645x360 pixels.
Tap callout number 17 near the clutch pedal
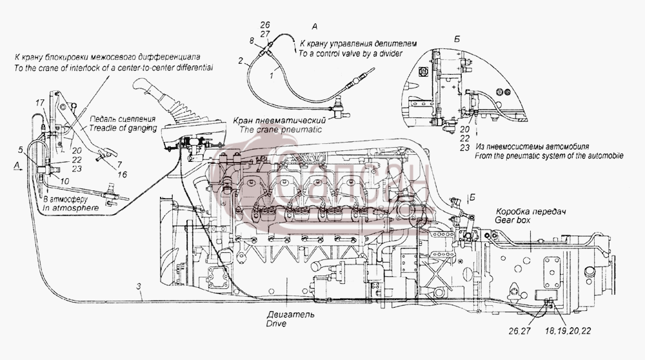pyautogui.click(x=39, y=103)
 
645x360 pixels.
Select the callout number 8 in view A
pyautogui.click(x=252, y=40)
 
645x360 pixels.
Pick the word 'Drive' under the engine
pyautogui.click(x=276, y=323)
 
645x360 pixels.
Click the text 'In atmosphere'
pyautogui.click(x=71, y=208)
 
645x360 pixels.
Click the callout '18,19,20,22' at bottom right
pyautogui.click(x=568, y=330)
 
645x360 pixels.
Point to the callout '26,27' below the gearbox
pyautogui.click(x=520, y=330)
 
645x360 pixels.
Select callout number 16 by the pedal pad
pyautogui.click(x=122, y=174)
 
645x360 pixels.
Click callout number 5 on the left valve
pyautogui.click(x=20, y=150)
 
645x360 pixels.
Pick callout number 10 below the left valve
pyautogui.click(x=65, y=181)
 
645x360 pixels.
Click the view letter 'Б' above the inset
pyautogui.click(x=457, y=39)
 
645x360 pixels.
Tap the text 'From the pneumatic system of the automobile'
pyautogui.click(x=549, y=156)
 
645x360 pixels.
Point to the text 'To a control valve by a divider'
pyautogui.click(x=350, y=53)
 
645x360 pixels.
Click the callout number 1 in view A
pyautogui.click(x=272, y=75)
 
